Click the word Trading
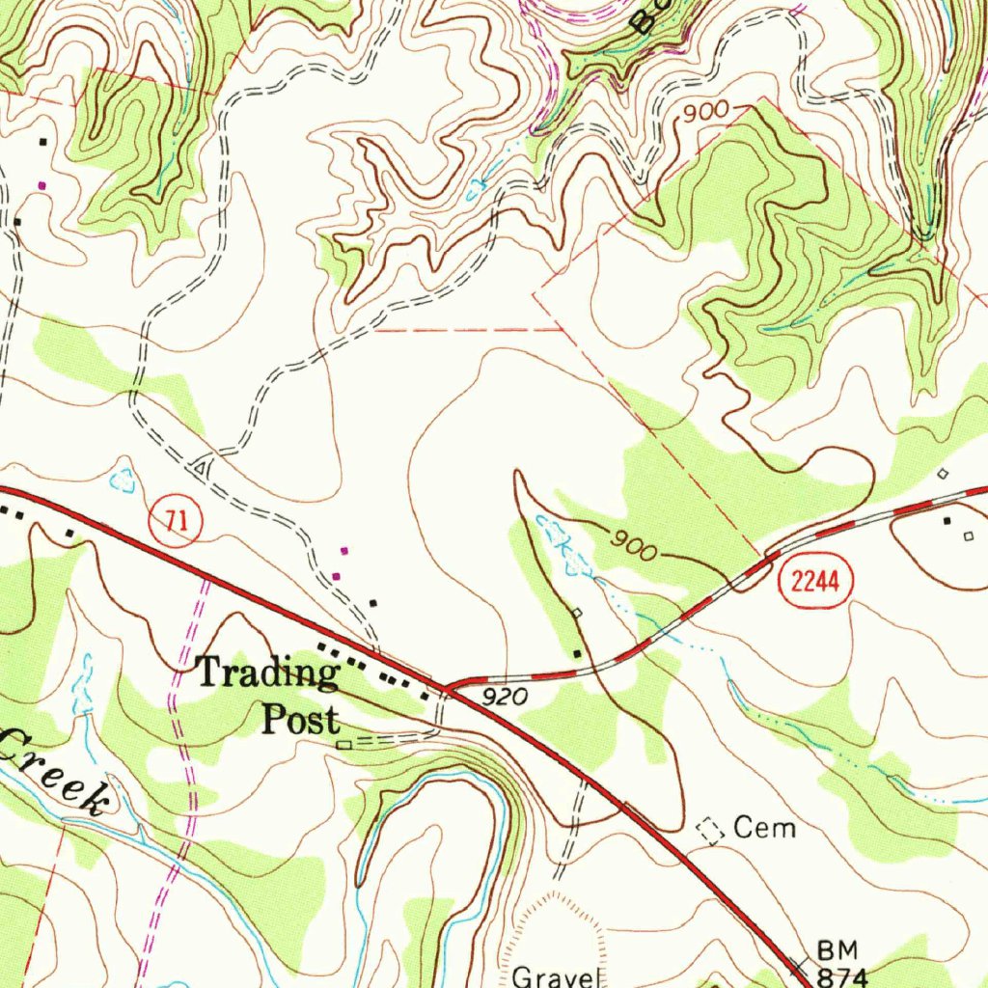coord(266,672)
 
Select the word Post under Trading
coord(302,719)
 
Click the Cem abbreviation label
coord(765,827)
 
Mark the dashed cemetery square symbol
coord(711,830)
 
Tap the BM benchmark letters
coord(836,950)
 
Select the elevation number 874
coord(841,974)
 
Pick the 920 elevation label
coord(502,697)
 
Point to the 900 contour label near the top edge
coord(704,113)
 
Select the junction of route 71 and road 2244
coord(446,689)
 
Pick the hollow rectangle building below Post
coord(343,744)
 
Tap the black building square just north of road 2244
coord(577,654)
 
